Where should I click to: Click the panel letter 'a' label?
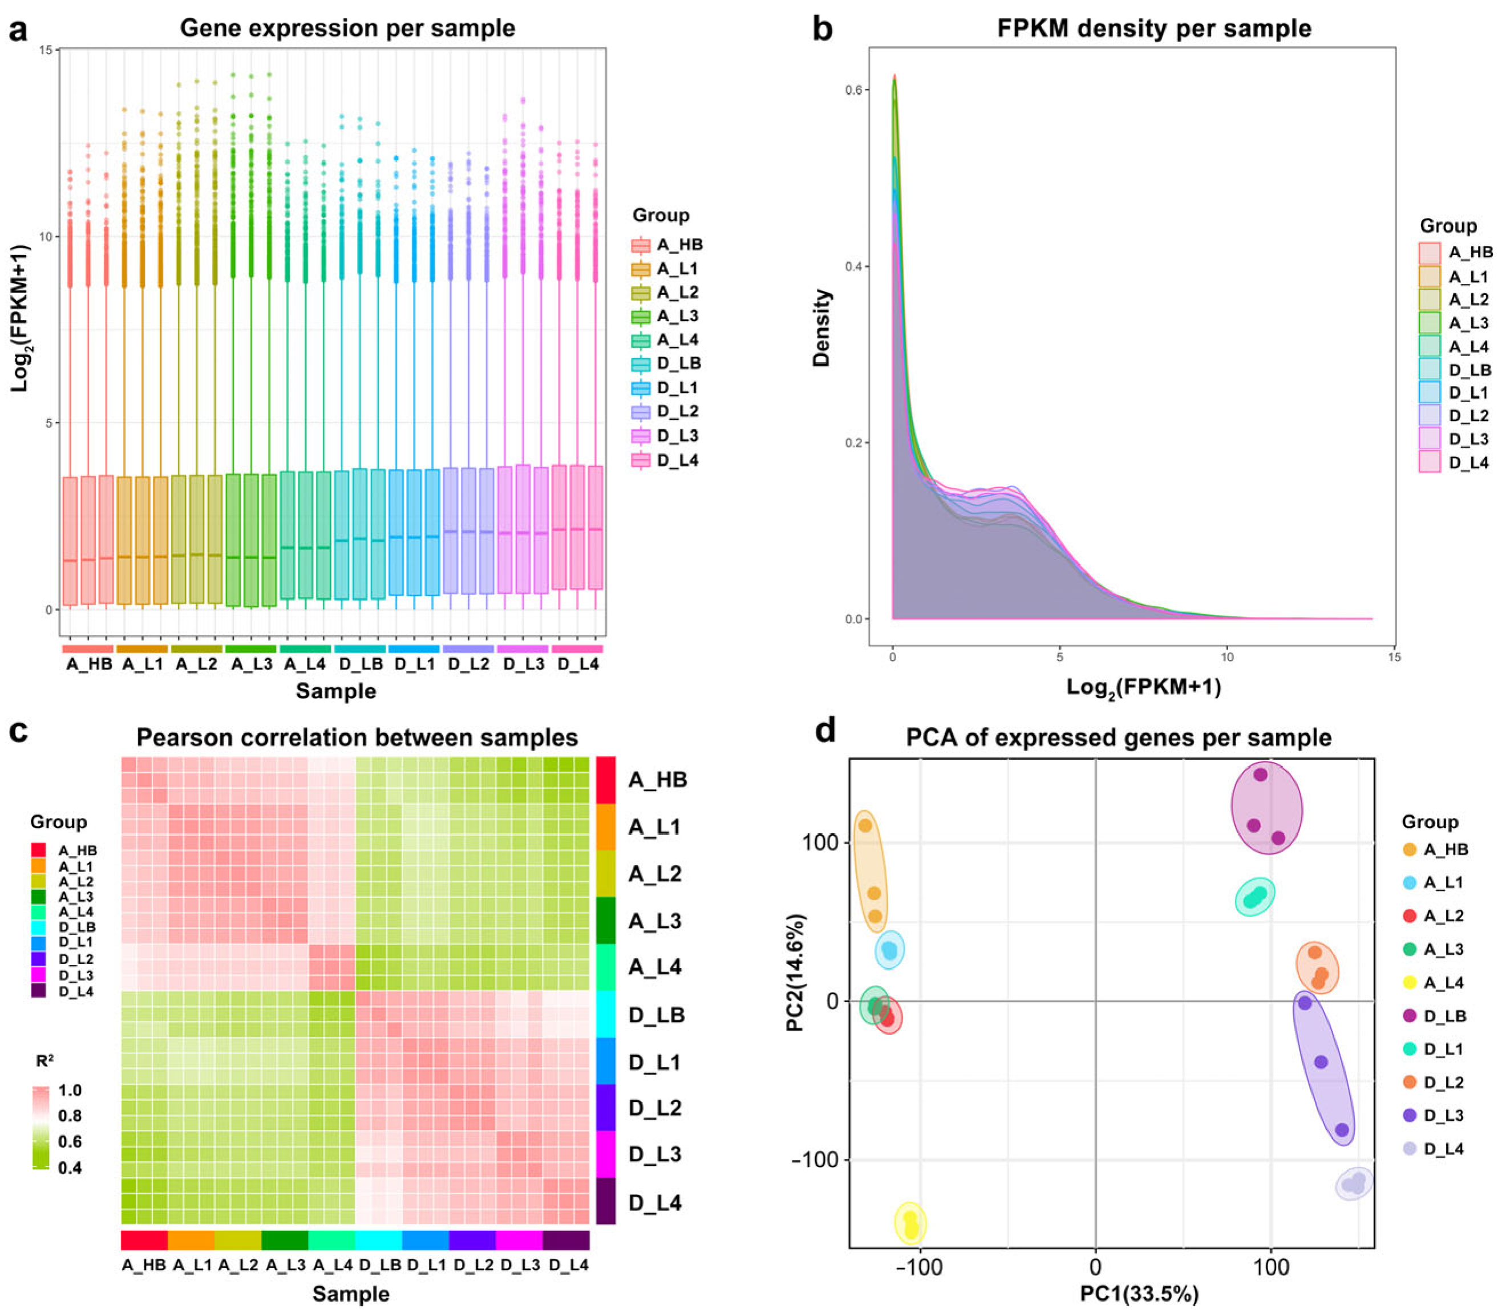(18, 31)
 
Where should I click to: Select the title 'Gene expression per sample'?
(347, 29)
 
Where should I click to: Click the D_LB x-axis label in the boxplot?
(360, 664)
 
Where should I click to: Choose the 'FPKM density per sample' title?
(1154, 29)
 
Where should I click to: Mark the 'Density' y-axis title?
(822, 327)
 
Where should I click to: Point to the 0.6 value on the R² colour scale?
(70, 1141)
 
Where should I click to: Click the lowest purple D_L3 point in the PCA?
(1342, 1130)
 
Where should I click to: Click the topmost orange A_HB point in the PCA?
(865, 825)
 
